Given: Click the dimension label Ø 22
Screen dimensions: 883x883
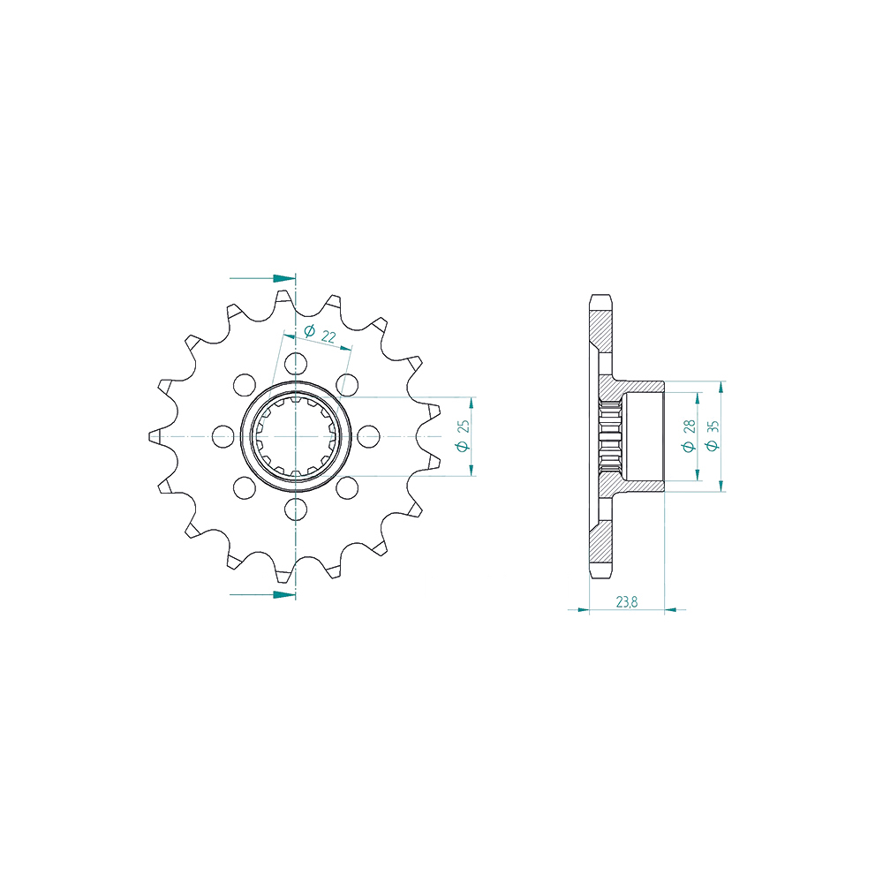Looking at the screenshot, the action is click(x=320, y=334).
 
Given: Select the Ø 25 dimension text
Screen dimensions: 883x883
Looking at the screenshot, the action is click(x=463, y=436).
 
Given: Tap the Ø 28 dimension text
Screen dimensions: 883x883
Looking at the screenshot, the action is click(x=689, y=436).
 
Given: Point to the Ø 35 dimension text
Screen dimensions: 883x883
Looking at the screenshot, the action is click(x=713, y=435).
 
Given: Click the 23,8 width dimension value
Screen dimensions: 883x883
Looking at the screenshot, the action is click(x=627, y=602).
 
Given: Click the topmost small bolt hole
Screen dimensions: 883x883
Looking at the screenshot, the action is click(x=296, y=363).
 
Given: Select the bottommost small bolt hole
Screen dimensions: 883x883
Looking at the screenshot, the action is click(x=296, y=509).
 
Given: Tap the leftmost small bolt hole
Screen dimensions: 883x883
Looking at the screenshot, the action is click(x=223, y=436).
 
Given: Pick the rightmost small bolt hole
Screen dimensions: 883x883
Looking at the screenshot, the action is click(x=369, y=436).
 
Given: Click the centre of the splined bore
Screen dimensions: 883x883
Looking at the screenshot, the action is click(x=296, y=436).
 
